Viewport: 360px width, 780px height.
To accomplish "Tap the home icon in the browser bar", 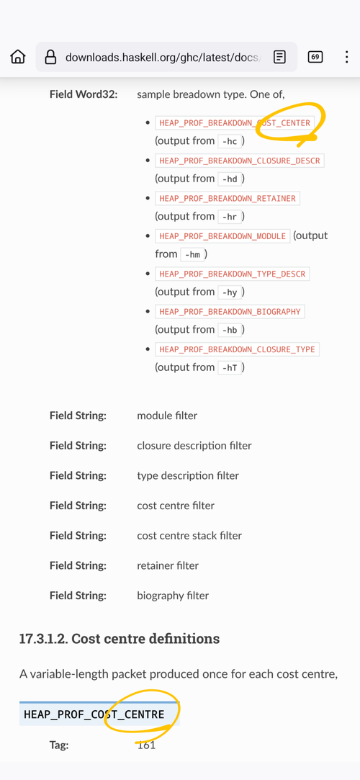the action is pos(18,57).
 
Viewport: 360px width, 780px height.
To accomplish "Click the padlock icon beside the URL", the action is pos(50,57).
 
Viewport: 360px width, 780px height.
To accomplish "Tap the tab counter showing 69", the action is pos(315,57).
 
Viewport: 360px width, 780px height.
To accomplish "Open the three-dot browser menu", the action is pos(346,57).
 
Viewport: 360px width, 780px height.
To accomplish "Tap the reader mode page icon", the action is pos(280,57).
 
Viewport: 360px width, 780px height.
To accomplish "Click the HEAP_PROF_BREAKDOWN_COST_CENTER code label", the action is pos(235,123).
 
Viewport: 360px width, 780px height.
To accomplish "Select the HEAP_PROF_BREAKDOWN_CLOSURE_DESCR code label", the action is pos(240,161).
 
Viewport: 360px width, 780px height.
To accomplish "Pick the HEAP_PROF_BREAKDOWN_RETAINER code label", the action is pos(228,199).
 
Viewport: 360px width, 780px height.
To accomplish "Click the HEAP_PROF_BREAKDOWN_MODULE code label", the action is pos(222,236).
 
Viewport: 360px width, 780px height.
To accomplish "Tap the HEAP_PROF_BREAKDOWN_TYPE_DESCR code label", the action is pos(233,274).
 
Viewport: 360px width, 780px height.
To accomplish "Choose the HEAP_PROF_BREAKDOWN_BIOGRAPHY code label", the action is pos(230,312).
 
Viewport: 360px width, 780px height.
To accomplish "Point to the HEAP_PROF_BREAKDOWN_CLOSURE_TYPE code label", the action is pos(237,350).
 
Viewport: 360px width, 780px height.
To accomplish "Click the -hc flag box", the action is pos(230,141).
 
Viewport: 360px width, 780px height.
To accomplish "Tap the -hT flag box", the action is pos(230,368).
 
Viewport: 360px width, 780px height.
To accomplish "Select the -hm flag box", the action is pos(192,255).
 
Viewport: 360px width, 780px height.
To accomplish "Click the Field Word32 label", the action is pos(84,94).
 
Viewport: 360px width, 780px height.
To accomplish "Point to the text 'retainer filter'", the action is pos(168,565).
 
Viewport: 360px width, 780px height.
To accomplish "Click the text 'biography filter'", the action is pos(173,596).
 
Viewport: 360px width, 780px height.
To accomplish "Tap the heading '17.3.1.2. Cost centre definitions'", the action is pos(120,638).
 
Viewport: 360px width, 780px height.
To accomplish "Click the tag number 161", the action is pos(146,745).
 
